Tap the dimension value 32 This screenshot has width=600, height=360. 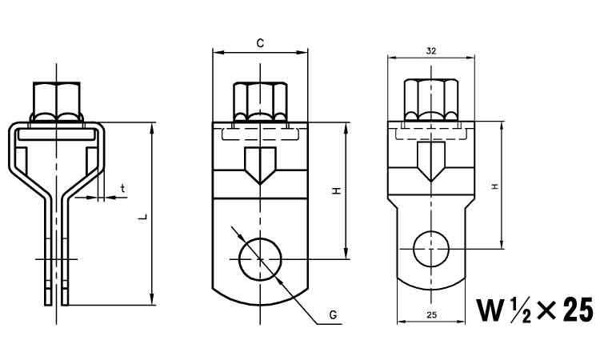(431, 50)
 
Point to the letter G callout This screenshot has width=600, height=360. (332, 317)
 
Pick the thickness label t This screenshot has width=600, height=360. (122, 188)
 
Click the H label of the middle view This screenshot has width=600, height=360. (337, 191)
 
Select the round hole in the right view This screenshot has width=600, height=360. (431, 247)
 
